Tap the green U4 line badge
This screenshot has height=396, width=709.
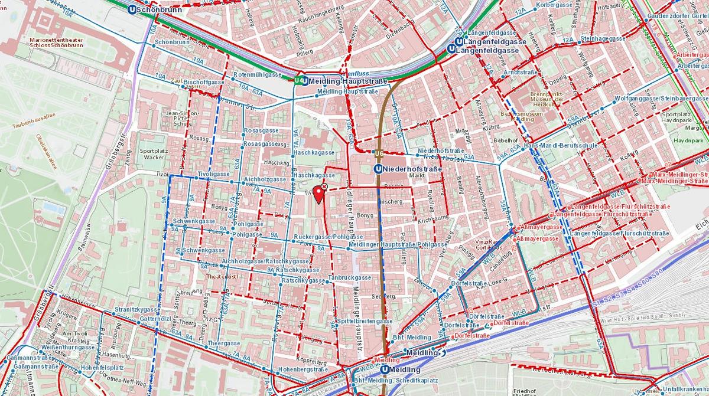pyautogui.click(x=300, y=80)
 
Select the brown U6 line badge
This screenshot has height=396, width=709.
pyautogui.click(x=379, y=155)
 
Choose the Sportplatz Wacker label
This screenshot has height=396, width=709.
pyautogui.click(x=152, y=154)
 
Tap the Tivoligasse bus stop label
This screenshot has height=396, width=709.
pyautogui.click(x=213, y=175)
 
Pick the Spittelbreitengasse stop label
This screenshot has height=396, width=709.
pyautogui.click(x=366, y=321)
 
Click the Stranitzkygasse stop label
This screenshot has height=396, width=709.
pyautogui.click(x=138, y=309)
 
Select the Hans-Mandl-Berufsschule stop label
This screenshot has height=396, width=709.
pyautogui.click(x=561, y=146)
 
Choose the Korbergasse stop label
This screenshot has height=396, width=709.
pyautogui.click(x=554, y=5)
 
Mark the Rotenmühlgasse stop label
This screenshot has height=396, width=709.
pyautogui.click(x=257, y=75)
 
